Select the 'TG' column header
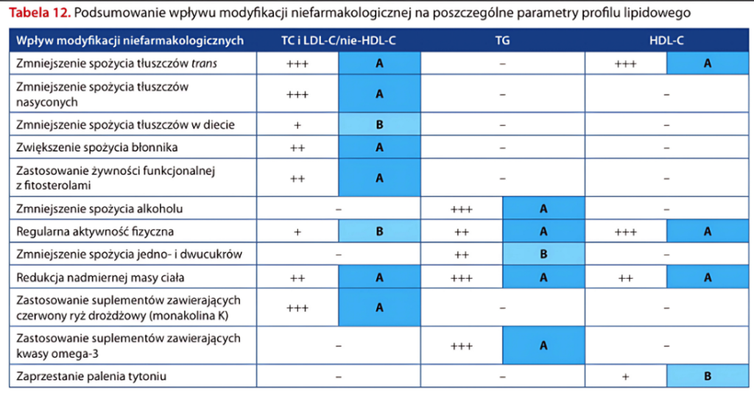pos(502,41)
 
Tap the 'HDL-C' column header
pos(667,41)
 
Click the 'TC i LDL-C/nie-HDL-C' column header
pos(339,41)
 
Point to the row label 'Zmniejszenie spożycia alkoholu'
pos(99,209)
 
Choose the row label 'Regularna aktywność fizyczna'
pos(95,231)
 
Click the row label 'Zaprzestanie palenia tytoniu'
pos(91,377)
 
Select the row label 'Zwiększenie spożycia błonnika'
pos(96,147)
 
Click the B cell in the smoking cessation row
pos(708,377)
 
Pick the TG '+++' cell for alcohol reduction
pos(462,209)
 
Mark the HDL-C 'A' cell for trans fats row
pos(708,63)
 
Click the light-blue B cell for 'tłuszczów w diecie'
pos(379,124)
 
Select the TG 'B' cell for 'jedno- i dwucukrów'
pos(543,255)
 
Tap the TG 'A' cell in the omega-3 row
pos(543,345)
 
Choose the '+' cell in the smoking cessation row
pos(625,377)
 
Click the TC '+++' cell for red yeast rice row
pos(297,308)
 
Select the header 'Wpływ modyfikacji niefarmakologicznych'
pos(130,41)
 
